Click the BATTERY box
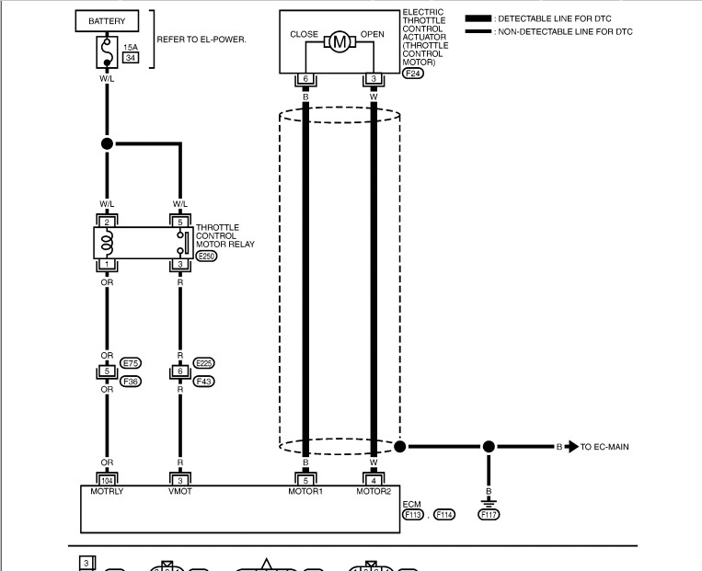coord(108,20)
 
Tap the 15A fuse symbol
coord(108,52)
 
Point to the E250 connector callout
coord(206,257)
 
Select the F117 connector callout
coord(489,514)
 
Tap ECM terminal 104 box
coord(107,478)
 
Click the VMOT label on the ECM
coord(179,491)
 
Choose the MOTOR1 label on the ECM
coord(305,491)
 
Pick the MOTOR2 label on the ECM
coord(374,491)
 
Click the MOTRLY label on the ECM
coord(107,491)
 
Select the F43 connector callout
coord(203,381)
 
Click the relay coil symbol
coord(108,244)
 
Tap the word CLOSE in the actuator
coord(304,34)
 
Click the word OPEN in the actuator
coord(373,34)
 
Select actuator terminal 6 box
coord(305,79)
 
